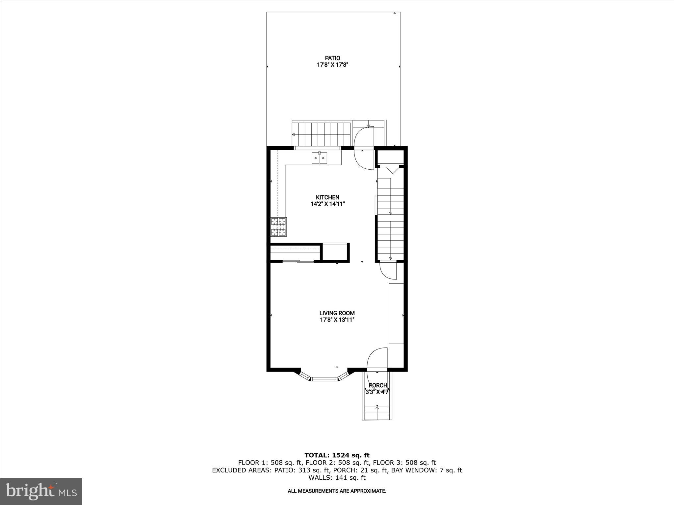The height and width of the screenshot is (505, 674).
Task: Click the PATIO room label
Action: point(332,58)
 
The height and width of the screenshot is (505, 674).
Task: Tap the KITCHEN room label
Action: point(327,197)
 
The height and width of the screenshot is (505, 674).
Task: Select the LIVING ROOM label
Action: point(337,313)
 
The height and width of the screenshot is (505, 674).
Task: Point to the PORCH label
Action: point(378,385)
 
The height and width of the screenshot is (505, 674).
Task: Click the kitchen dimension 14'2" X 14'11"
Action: point(327,204)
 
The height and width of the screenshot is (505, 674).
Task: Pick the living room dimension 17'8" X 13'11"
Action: point(337,320)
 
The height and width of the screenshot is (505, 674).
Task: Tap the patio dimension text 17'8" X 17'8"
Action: point(332,65)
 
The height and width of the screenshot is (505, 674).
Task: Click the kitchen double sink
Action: point(319,158)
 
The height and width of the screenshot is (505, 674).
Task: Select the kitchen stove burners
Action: point(278,227)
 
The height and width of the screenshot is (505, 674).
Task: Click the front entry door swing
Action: point(377,360)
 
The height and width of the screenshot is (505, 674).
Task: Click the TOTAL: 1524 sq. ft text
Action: point(337,455)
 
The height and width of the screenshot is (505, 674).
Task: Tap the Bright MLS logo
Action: point(41,491)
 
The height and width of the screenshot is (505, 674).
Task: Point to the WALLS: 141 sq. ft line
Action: point(337,478)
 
